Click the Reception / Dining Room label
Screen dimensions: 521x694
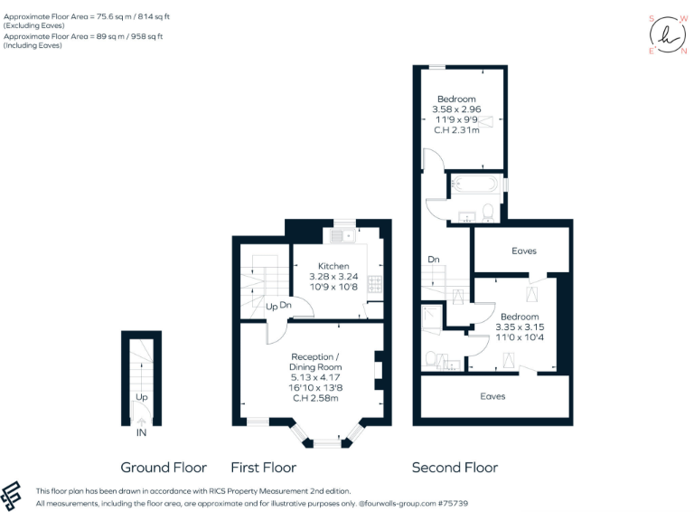pyautogui.click(x=315, y=362)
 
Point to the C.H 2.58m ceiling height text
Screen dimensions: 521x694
pyautogui.click(x=315, y=398)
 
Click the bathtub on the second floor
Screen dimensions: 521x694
pyautogui.click(x=474, y=185)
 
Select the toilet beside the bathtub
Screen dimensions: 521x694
pyautogui.click(x=488, y=213)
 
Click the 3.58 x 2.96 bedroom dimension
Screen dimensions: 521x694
pyautogui.click(x=456, y=109)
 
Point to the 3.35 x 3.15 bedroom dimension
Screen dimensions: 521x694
pyautogui.click(x=519, y=327)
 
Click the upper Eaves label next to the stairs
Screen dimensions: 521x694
pyautogui.click(x=524, y=251)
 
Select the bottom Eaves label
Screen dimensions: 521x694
pyautogui.click(x=492, y=396)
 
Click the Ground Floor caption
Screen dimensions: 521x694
pyautogui.click(x=164, y=468)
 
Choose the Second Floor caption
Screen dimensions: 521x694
pyautogui.click(x=455, y=468)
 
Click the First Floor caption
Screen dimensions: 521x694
pyautogui.click(x=264, y=468)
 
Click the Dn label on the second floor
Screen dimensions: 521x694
pyautogui.click(x=433, y=260)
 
